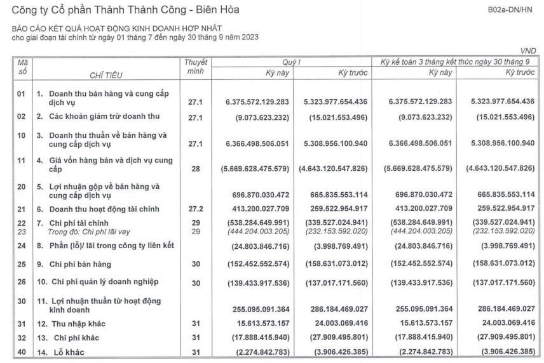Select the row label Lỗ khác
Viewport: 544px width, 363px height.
(x=69, y=352)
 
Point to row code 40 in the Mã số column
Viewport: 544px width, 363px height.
(x=22, y=352)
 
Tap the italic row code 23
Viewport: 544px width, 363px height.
(x=22, y=232)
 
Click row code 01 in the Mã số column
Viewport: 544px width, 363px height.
(x=22, y=101)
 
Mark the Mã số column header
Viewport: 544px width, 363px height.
(x=22, y=67)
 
